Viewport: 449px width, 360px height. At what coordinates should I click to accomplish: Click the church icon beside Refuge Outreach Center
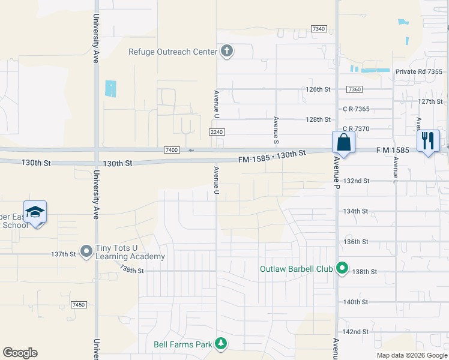[226, 51]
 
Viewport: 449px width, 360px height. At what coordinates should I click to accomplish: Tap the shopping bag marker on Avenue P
[343, 143]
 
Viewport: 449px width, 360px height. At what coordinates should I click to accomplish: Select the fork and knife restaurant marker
[427, 142]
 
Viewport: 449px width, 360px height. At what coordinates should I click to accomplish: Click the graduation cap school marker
[35, 212]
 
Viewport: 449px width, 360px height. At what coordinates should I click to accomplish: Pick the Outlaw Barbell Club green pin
[342, 268]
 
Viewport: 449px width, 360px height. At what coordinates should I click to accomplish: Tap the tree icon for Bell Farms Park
[221, 343]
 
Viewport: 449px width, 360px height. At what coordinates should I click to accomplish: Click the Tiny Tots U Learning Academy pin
[86, 251]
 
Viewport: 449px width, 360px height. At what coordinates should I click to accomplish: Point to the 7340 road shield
[319, 29]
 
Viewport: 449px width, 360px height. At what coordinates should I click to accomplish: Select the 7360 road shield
[354, 89]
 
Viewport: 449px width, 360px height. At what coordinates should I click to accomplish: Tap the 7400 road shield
[172, 150]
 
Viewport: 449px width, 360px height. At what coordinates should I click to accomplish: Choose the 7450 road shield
[78, 305]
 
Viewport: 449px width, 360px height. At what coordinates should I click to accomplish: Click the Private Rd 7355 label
[418, 72]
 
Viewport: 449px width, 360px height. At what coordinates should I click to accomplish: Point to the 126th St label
[318, 89]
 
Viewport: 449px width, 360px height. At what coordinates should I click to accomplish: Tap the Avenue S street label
[276, 130]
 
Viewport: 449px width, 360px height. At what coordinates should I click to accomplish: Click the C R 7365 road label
[356, 109]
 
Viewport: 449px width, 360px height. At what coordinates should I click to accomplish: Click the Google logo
[20, 353]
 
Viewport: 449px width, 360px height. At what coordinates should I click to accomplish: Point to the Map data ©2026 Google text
[411, 355]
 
